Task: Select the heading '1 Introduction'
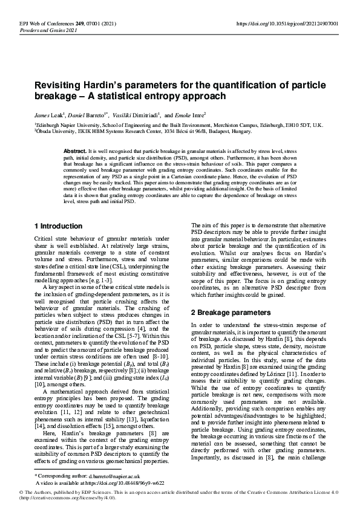pyautogui.click(x=58, y=226)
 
